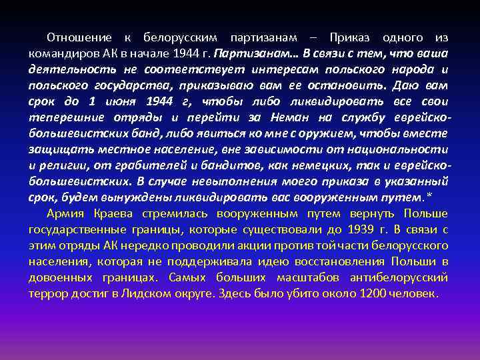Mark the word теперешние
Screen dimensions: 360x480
pyautogui.click(x=65, y=117)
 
